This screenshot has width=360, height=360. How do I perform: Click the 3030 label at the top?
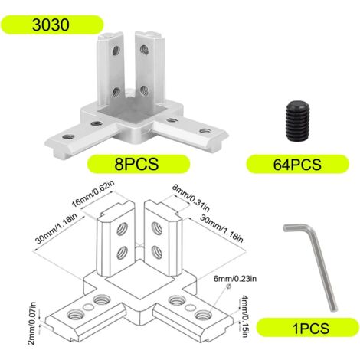51,25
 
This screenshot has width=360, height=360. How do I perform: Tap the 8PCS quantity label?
136,164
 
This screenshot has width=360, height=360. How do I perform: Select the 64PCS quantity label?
297,165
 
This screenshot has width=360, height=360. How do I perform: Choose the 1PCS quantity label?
311,328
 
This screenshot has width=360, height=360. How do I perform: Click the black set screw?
297,121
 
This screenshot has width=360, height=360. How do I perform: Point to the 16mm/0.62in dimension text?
93,194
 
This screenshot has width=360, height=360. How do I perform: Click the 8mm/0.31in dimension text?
191,198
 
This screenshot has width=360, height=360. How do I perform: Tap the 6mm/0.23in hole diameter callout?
235,278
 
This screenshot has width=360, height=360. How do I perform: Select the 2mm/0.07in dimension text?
32,323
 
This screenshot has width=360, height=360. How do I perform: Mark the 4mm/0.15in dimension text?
244,316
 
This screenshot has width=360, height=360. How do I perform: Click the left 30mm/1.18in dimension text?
56,229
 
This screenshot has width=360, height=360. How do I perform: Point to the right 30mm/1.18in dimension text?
221,228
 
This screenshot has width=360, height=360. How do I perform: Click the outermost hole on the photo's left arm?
68,136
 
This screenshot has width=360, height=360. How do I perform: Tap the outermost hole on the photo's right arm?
205,131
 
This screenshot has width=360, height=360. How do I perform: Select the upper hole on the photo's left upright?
116,51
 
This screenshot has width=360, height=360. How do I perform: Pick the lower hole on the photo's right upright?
144,91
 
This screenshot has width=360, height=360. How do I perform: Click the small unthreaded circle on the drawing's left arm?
88,306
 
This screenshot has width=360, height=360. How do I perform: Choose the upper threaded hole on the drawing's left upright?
123,229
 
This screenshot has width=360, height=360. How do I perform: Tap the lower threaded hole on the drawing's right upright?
157,252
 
